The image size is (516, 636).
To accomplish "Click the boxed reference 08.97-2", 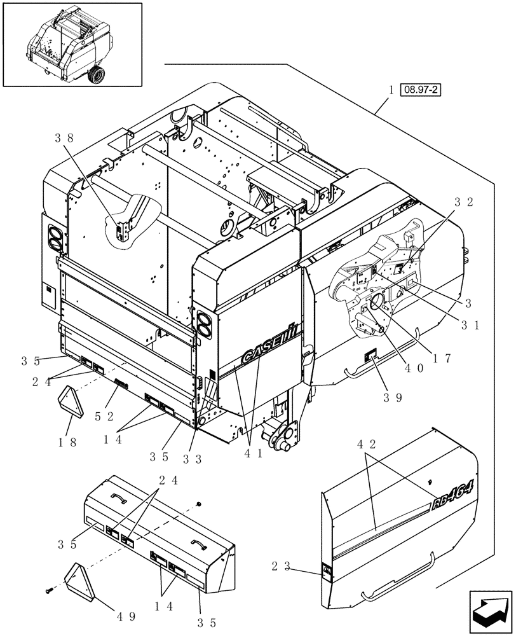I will coord(421,90).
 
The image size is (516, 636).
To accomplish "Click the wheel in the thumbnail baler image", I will coord(97,76).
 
